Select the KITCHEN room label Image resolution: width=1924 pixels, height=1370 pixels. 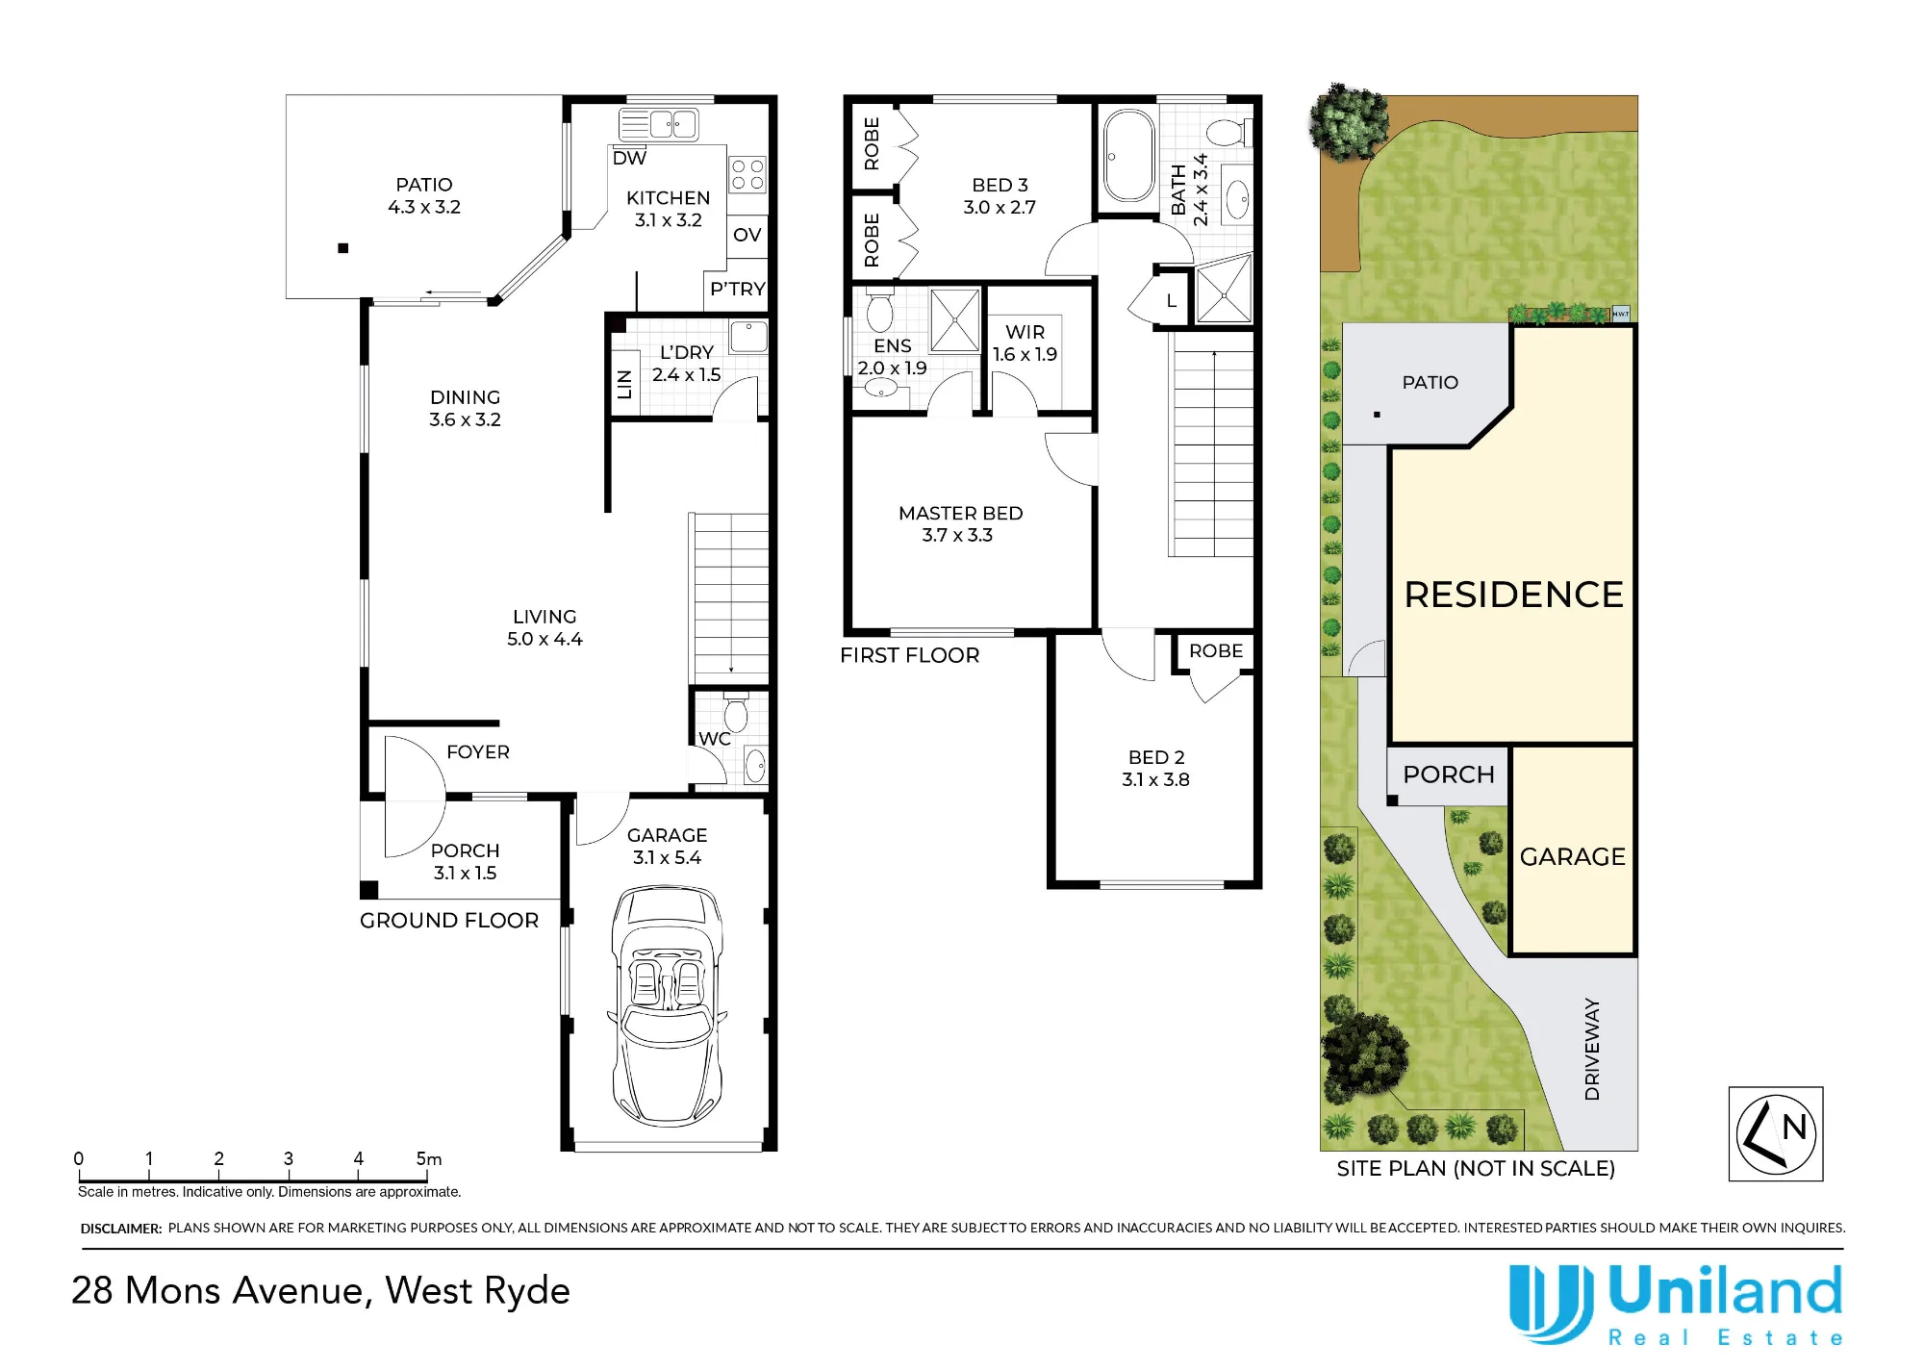click(668, 198)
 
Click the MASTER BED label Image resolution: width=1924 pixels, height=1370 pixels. click(960, 514)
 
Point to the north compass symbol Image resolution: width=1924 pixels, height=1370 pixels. click(1776, 1133)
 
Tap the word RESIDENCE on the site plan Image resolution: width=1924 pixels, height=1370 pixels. click(1513, 595)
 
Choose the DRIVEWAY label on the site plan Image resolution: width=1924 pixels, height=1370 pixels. click(1592, 1049)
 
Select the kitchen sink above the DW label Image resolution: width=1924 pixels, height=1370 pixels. click(658, 125)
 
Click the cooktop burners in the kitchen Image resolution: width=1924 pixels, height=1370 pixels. click(747, 174)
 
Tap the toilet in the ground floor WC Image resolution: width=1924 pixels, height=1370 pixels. click(736, 712)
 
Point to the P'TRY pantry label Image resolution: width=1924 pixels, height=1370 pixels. click(738, 289)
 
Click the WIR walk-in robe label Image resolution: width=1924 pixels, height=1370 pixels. click(1025, 332)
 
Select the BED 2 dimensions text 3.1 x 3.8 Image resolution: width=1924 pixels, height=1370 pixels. click(1155, 779)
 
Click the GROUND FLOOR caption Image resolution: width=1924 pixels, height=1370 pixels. click(449, 921)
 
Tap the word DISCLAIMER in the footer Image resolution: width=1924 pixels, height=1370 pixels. click(121, 1229)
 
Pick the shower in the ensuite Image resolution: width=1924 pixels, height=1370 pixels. click(955, 320)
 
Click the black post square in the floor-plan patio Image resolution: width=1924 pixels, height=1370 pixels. click(342, 248)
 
